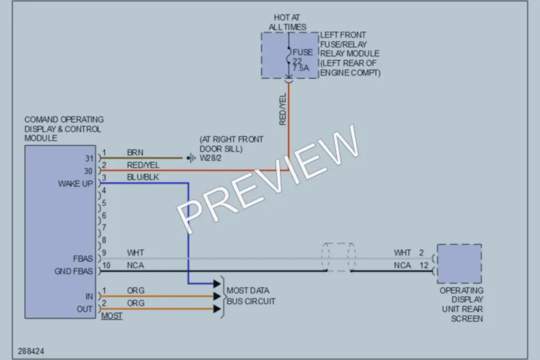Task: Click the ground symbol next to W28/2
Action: click(x=191, y=158)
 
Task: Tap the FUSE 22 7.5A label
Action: click(x=302, y=60)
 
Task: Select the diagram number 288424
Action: click(x=31, y=351)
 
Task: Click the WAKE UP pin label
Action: click(x=76, y=184)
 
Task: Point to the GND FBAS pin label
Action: click(x=74, y=271)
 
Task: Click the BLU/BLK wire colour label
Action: click(x=143, y=177)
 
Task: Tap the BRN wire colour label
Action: click(x=135, y=152)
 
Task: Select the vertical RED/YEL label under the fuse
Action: click(x=283, y=109)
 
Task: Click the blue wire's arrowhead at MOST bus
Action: click(x=217, y=284)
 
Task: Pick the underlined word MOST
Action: click(x=112, y=316)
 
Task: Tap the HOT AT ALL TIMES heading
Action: click(x=287, y=22)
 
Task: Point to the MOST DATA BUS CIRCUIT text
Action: click(x=251, y=296)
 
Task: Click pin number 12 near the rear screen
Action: click(x=424, y=265)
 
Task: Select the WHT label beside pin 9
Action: click(x=136, y=253)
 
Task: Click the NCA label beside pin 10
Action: click(x=136, y=265)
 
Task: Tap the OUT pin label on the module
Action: click(x=85, y=309)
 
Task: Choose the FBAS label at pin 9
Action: click(x=83, y=259)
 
